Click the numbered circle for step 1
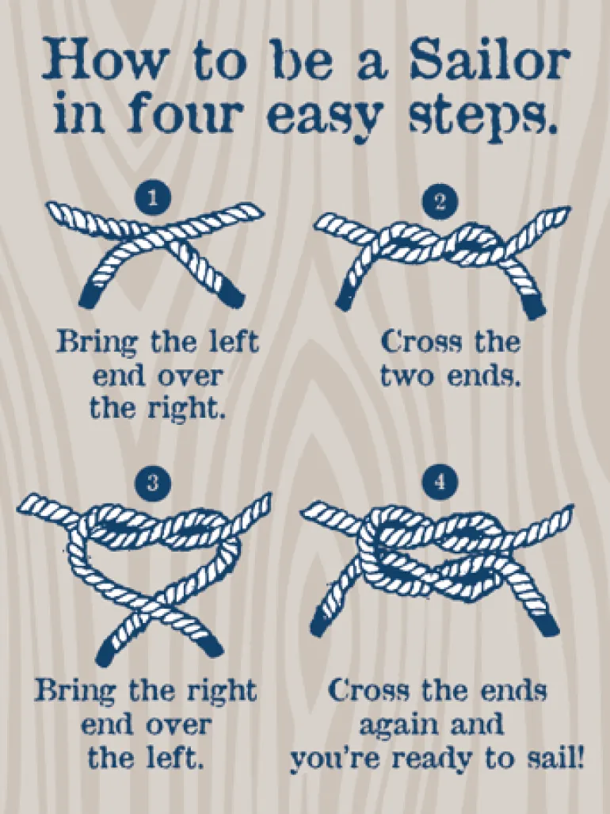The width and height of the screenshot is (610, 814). point(152,197)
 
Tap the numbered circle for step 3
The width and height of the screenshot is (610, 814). point(152,482)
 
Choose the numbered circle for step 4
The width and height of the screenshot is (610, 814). point(440,482)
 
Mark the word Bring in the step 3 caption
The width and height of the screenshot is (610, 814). point(76,691)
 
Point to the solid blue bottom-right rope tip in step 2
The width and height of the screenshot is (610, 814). point(535,308)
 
